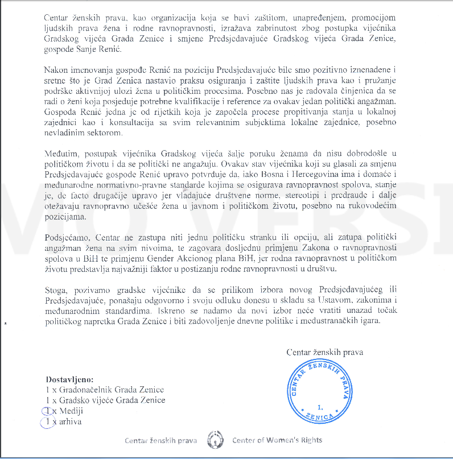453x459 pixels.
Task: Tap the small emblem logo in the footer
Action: [215, 440]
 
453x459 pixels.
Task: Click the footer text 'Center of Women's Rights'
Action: [277, 440]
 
